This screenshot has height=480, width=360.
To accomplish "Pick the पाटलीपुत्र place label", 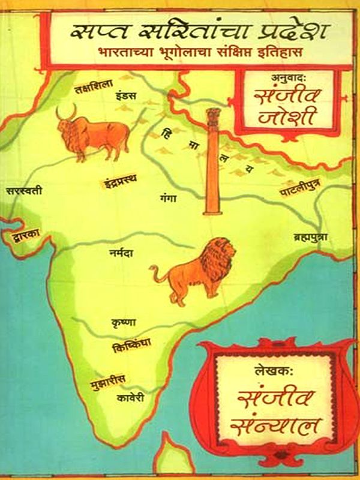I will pyautogui.click(x=304, y=193).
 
